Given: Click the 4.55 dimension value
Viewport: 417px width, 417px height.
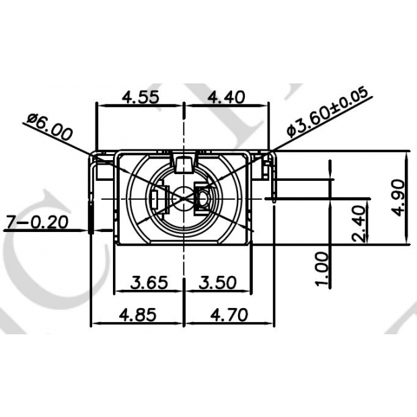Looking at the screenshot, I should (x=140, y=96).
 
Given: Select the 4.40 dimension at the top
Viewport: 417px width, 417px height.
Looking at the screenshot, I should (x=226, y=96).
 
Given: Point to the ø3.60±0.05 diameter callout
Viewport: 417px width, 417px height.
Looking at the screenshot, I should (x=328, y=112).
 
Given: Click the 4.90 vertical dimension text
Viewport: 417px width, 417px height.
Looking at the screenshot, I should (x=400, y=197).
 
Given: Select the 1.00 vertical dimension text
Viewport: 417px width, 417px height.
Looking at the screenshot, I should (x=322, y=269).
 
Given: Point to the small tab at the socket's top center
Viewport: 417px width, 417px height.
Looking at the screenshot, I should (x=183, y=161).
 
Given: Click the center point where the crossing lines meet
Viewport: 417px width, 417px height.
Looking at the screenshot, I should (x=184, y=199).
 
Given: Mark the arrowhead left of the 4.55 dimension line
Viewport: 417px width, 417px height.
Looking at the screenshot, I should (x=101, y=105).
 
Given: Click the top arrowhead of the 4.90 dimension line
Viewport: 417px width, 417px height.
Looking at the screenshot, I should (x=408, y=154).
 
